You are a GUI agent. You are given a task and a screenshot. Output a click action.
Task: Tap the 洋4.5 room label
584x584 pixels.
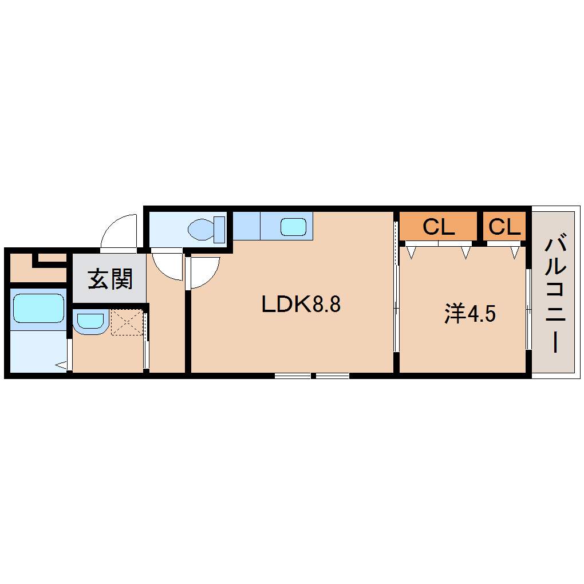click(x=469, y=314)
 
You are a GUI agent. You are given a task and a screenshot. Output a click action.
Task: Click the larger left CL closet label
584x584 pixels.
click(x=438, y=227)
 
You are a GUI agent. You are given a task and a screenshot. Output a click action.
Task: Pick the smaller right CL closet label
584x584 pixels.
click(x=504, y=227)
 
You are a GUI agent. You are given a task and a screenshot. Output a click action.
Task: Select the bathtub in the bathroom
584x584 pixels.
click(x=38, y=309)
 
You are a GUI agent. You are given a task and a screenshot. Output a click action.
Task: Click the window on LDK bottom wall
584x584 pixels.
click(x=312, y=376)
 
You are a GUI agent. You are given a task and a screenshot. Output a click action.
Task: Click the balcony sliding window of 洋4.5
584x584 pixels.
click(x=528, y=309)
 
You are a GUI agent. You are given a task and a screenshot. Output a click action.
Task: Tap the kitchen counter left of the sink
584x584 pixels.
click(x=247, y=226)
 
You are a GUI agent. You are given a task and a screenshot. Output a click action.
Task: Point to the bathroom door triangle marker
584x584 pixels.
click(x=61, y=364)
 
